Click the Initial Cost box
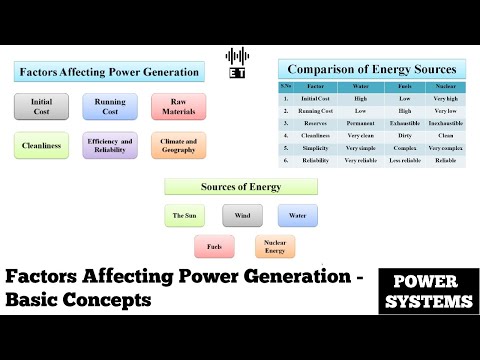tap(42, 107)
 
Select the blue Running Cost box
tap(110, 107)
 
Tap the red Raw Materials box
tap(178, 107)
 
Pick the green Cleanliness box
tap(42, 145)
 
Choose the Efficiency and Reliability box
tap(110, 145)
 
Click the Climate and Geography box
tap(178, 145)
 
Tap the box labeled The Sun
tap(184, 215)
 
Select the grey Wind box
tap(242, 215)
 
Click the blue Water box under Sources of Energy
tap(298, 215)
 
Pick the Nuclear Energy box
tap(275, 246)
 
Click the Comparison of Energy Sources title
tap(371, 70)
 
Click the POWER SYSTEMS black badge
tap(425, 290)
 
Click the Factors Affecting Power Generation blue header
tap(108, 72)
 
